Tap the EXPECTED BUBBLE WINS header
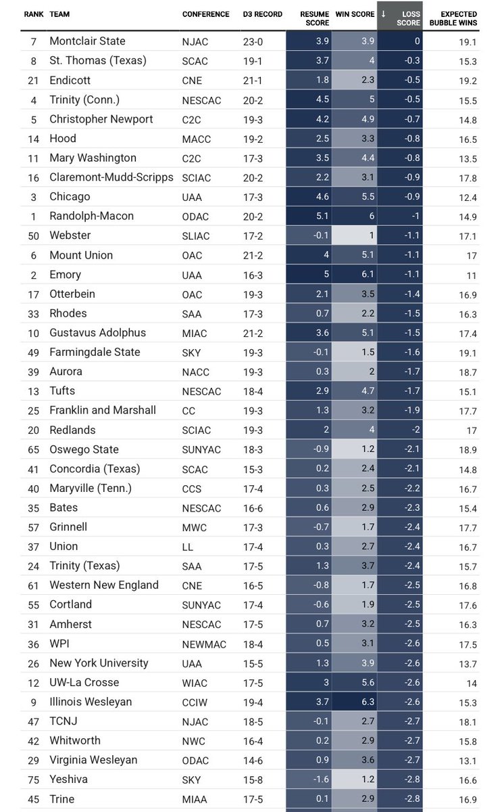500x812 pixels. [x=459, y=18]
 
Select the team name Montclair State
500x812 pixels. [x=87, y=41]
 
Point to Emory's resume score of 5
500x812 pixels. [x=307, y=275]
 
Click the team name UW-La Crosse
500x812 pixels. [x=84, y=683]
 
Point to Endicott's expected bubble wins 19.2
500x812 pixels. [x=468, y=81]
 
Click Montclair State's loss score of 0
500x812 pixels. [x=417, y=41]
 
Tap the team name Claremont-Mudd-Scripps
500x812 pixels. [x=111, y=177]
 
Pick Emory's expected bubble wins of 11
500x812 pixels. [x=472, y=275]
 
